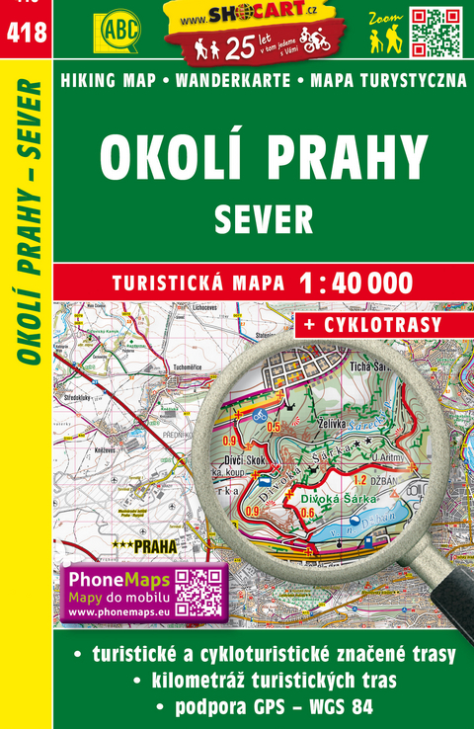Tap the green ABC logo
point(118,29)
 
